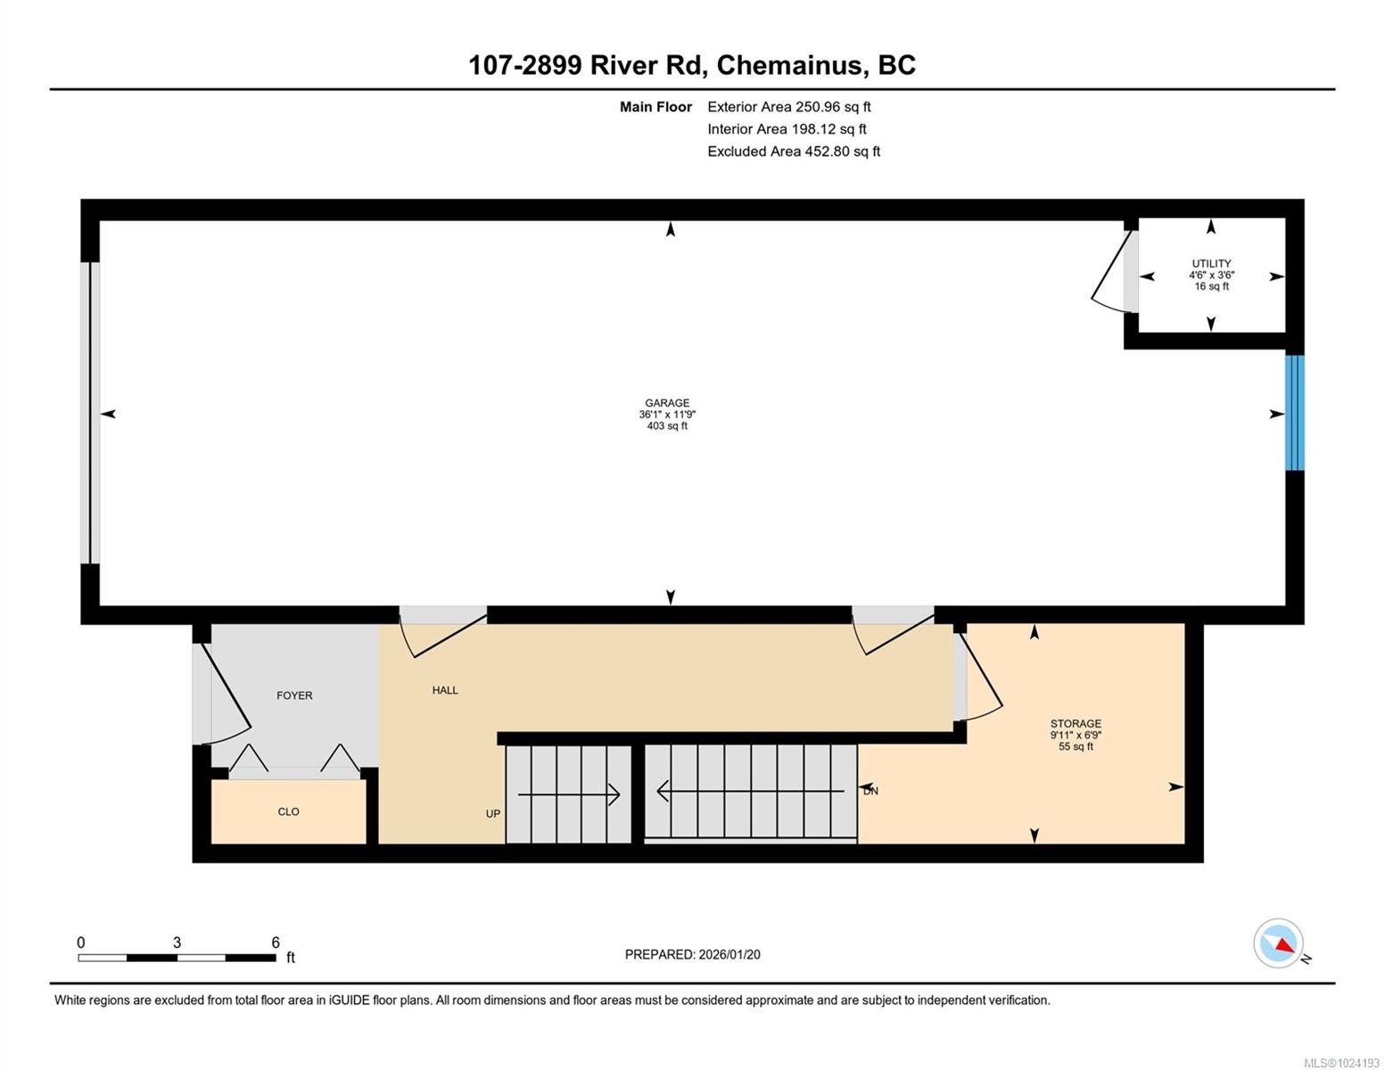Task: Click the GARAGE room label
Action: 667,403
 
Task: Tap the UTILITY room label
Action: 1211,264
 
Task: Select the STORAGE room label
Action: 1076,724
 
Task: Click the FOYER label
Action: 294,695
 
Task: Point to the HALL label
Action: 445,690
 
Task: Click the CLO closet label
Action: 288,812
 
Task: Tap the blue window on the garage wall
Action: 1294,413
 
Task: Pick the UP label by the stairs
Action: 493,814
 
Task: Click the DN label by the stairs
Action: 870,791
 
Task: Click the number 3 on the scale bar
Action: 177,942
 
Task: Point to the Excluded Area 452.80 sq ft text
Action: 794,152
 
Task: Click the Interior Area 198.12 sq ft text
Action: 787,129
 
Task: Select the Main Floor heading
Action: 655,107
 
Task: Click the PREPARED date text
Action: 692,955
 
